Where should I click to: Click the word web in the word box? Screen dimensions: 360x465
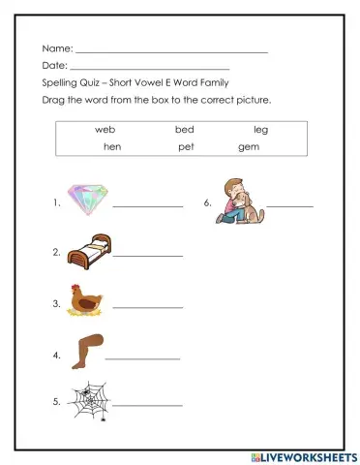tap(105, 130)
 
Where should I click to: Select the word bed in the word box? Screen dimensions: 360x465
tap(184, 130)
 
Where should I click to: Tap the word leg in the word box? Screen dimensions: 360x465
tap(261, 130)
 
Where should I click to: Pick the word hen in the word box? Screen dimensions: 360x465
tap(111, 147)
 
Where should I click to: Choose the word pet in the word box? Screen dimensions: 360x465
tap(187, 147)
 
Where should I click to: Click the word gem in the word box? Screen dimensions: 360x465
tap(249, 147)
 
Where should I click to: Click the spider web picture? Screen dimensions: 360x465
tap(87, 397)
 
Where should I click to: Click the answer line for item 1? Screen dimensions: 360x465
tap(148, 205)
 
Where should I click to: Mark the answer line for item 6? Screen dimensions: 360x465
tap(290, 205)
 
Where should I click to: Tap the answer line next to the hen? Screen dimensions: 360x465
tap(148, 307)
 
